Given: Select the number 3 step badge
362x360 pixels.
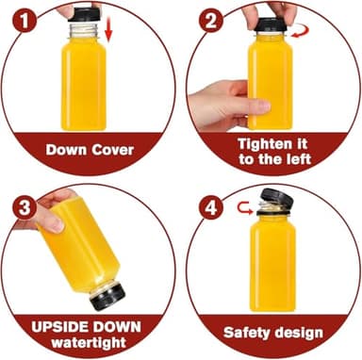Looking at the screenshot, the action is [25, 207].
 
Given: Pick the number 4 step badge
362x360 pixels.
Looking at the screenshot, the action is [210, 207].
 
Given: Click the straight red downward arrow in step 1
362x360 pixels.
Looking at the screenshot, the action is [108, 29].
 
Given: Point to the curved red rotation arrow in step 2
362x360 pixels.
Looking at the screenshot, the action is [301, 31].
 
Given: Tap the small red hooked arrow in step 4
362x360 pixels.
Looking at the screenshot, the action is [245, 208].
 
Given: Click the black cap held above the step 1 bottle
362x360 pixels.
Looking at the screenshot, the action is [84, 15].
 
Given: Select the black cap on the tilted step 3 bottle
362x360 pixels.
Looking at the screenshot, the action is [107, 297].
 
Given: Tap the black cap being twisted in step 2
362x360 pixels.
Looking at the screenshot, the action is [271, 25].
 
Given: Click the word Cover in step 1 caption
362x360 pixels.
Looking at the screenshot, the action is [113, 150].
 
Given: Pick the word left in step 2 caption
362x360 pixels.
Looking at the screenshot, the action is [299, 158].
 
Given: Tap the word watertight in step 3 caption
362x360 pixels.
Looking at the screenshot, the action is [89, 342].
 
